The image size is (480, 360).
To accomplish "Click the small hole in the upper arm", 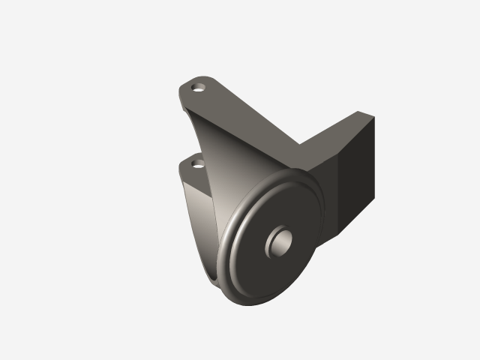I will [x=199, y=86].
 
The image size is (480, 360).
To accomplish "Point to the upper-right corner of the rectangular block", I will [x=374, y=116].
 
